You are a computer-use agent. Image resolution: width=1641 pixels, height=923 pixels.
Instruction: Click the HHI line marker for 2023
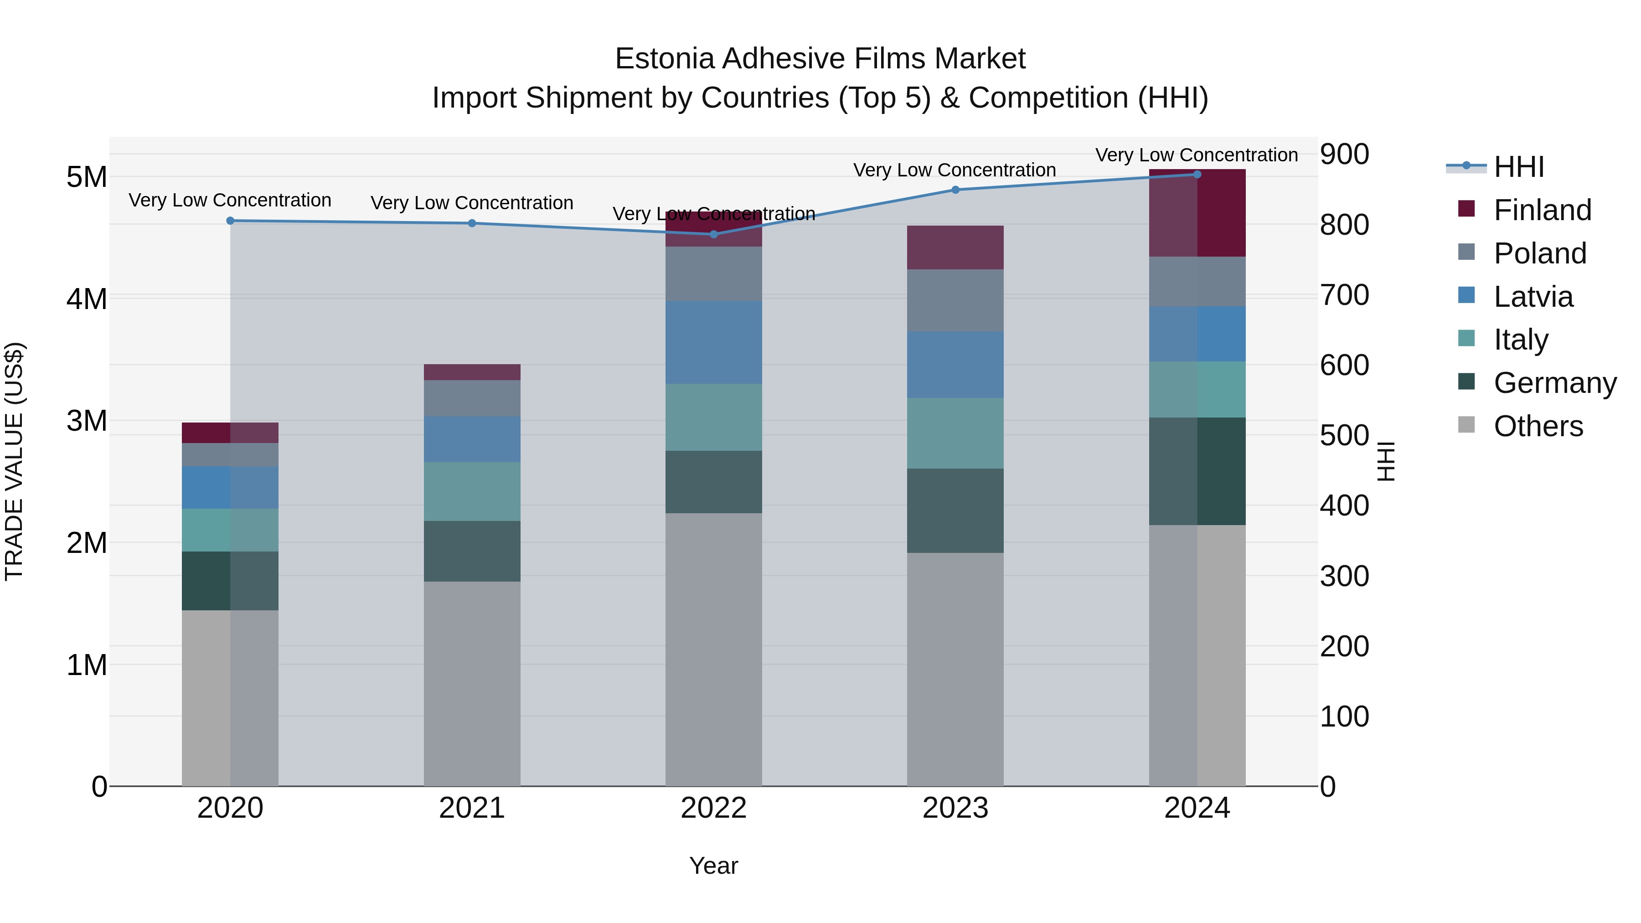tap(955, 190)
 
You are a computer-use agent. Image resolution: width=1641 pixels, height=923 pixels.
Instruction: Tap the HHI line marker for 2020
tap(230, 221)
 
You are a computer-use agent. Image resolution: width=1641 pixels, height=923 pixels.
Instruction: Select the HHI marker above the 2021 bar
tap(472, 223)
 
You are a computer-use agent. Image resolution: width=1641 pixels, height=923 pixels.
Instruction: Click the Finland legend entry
tap(1542, 210)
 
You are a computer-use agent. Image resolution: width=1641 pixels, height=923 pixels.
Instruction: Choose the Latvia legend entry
tap(1533, 297)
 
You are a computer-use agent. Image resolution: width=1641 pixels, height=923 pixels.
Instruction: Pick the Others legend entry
tap(1538, 426)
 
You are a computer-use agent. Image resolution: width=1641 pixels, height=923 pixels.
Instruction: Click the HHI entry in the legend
tap(1519, 167)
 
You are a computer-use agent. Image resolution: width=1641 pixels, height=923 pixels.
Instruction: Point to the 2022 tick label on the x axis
tap(713, 808)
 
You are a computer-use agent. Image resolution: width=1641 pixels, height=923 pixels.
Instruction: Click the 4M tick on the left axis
tap(87, 299)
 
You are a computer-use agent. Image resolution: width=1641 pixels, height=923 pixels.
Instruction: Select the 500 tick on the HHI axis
tap(1344, 436)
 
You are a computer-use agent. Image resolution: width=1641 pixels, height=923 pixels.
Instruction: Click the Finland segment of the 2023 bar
tap(955, 248)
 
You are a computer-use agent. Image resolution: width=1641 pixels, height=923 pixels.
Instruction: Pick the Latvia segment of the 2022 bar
tap(713, 342)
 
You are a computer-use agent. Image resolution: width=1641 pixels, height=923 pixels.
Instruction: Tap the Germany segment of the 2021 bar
tap(472, 551)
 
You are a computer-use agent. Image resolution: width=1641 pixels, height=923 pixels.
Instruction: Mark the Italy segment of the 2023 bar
tap(955, 433)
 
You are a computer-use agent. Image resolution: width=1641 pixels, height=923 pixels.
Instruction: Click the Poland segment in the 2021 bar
tap(472, 398)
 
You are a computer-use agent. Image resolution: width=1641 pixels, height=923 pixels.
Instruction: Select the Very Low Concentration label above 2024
tap(1197, 155)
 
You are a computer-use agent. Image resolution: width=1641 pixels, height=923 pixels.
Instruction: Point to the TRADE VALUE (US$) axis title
tap(14, 461)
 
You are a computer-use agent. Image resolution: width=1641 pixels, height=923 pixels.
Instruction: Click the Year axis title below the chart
tap(713, 866)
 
